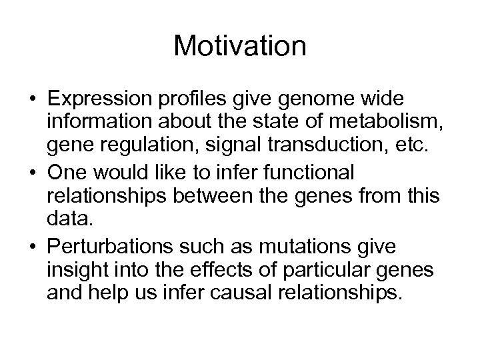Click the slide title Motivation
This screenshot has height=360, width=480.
pyautogui.click(x=240, y=46)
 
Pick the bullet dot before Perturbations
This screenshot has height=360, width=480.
pyautogui.click(x=32, y=247)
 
